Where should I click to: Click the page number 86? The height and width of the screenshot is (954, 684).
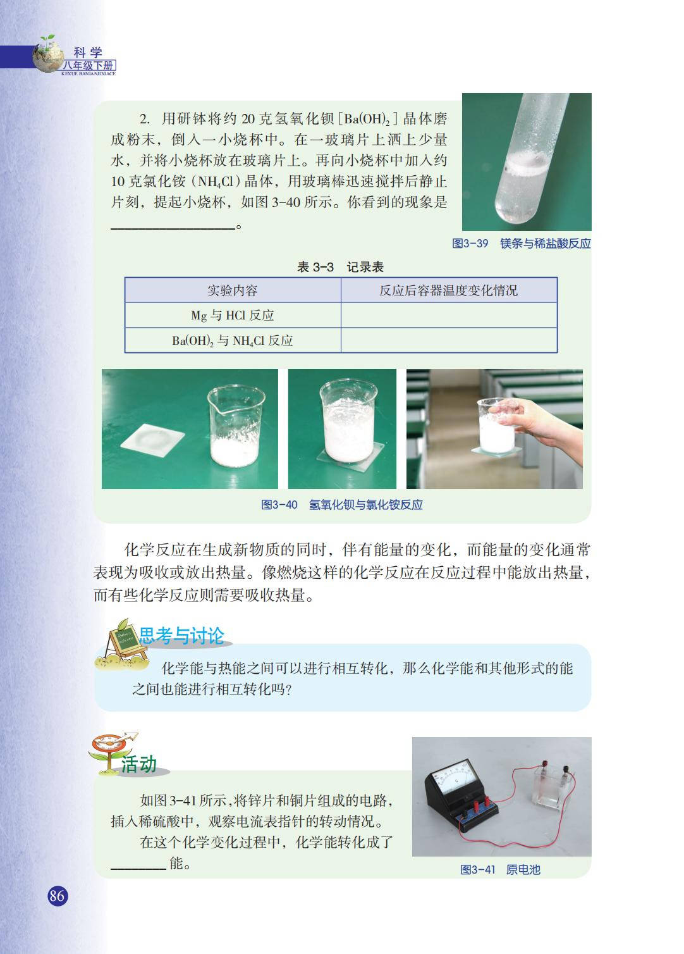[x=57, y=895]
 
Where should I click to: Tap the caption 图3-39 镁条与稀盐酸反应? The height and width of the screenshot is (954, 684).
[x=521, y=244]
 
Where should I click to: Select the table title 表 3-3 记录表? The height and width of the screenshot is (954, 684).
[x=340, y=267]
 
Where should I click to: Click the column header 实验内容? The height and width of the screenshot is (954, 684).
[x=233, y=290]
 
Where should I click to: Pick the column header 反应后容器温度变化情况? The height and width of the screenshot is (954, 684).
[x=449, y=290]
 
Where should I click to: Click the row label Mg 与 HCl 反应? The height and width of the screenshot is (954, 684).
[x=233, y=316]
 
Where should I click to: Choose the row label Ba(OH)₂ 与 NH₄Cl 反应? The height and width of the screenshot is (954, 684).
[x=233, y=341]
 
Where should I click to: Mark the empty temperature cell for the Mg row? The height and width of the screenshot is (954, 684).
[x=449, y=315]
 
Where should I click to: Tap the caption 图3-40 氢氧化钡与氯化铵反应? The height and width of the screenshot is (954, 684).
[x=342, y=505]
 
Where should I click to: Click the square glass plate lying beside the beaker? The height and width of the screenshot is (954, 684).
[x=152, y=437]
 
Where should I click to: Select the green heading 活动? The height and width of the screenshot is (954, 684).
[x=138, y=764]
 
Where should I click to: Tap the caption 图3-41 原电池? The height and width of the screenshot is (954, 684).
[x=500, y=870]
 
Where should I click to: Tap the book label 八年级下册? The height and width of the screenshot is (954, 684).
[x=89, y=66]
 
